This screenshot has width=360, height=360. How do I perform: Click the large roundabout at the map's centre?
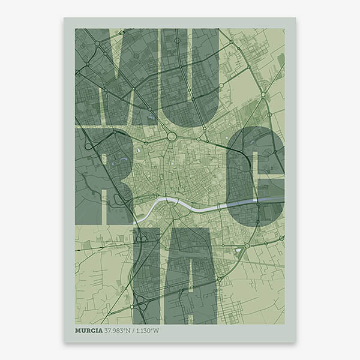(x=172, y=137)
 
